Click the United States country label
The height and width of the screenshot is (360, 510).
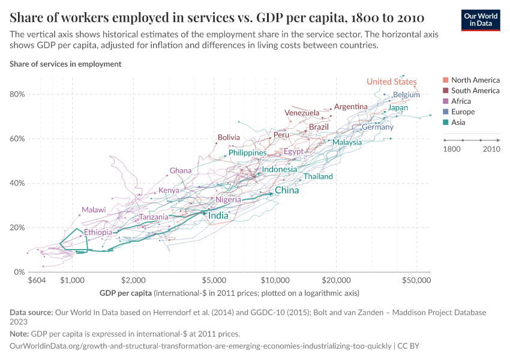tap(391, 82)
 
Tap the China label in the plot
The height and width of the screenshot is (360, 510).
tap(287, 191)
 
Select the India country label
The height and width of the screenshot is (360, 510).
tap(218, 215)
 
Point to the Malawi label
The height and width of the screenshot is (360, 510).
tap(94, 210)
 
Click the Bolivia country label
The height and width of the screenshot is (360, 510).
tap(229, 137)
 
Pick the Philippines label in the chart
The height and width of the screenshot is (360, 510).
tap(247, 153)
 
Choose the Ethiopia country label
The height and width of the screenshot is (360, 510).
tap(98, 232)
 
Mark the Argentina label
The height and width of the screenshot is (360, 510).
tap(350, 107)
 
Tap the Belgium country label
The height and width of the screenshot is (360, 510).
tap(406, 95)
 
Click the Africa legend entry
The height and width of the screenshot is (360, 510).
tap(461, 101)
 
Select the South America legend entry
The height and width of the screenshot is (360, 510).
tap(475, 91)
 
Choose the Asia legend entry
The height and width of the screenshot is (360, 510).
tap(458, 122)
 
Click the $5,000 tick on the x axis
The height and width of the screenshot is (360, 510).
tap(214, 280)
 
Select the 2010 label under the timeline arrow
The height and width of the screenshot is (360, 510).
tap(491, 149)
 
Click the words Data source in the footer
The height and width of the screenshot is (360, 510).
tap(31, 313)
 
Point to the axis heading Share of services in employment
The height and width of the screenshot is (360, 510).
tap(65, 64)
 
